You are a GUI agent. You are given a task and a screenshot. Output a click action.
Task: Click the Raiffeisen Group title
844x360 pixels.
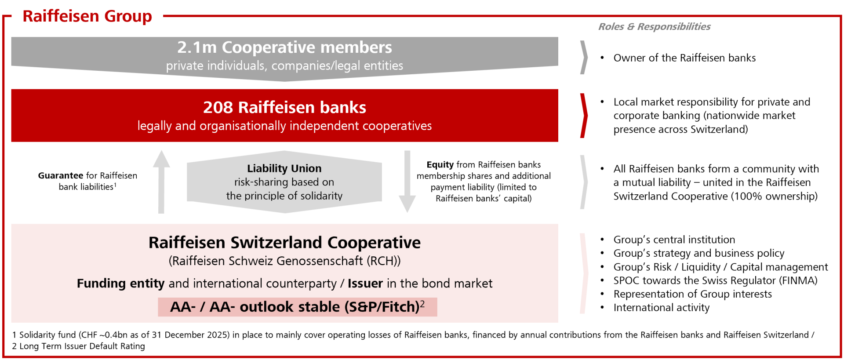(x=87, y=16)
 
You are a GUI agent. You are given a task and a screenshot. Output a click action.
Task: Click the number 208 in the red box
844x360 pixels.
(x=218, y=107)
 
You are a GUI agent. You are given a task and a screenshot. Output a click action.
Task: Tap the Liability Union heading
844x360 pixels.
(x=284, y=168)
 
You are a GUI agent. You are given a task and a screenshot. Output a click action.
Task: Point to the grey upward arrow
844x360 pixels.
(x=161, y=182)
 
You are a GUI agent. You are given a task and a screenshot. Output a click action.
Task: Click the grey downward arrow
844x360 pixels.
(x=407, y=182)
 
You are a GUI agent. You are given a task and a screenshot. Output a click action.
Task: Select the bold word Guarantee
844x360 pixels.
(x=61, y=175)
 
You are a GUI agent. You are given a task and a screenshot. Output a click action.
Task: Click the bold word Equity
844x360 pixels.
(x=440, y=165)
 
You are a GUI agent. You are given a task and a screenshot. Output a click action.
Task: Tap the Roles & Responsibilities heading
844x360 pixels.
(x=654, y=26)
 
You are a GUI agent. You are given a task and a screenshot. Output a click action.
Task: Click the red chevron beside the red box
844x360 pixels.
(x=584, y=116)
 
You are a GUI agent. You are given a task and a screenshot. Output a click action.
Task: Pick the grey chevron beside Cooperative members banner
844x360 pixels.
(x=584, y=58)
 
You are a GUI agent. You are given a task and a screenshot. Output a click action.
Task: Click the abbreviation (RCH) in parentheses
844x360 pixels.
(x=384, y=261)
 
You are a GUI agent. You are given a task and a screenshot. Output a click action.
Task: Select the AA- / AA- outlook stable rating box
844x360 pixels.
(x=298, y=307)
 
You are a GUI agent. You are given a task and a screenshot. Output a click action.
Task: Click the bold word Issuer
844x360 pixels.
(x=365, y=284)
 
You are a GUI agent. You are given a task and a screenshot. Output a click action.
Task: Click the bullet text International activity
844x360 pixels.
(x=662, y=308)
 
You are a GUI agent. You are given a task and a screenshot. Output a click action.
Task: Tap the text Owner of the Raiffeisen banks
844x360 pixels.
(x=684, y=58)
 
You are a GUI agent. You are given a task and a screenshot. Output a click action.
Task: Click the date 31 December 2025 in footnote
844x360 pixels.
(x=191, y=335)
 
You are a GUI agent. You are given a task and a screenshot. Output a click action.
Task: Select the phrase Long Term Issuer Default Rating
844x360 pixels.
(x=82, y=346)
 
